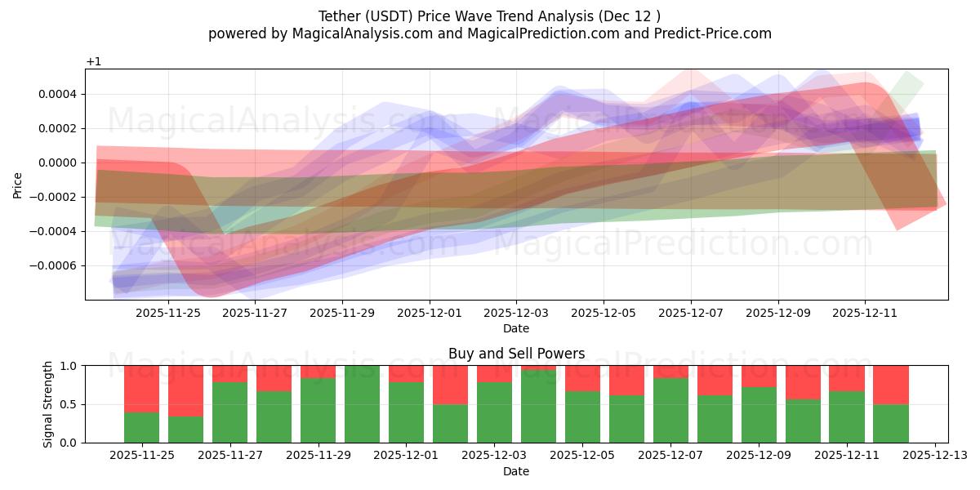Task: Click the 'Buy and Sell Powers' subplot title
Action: click(516, 354)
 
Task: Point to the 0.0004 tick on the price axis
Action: click(60, 94)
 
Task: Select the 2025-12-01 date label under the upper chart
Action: click(429, 312)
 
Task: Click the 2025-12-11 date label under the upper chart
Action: click(865, 312)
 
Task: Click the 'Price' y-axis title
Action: click(18, 185)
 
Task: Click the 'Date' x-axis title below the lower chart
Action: click(516, 471)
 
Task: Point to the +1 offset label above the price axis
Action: click(94, 62)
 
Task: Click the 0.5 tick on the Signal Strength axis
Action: click(69, 404)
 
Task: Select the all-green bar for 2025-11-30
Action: click(362, 404)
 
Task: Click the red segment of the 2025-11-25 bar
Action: click(141, 388)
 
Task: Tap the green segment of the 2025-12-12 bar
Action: click(891, 423)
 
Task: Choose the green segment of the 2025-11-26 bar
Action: click(185, 430)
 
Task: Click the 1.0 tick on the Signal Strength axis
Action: click(69, 366)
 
